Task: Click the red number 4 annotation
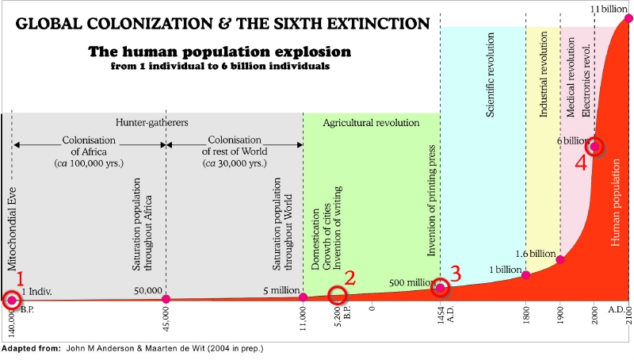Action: click(581, 163)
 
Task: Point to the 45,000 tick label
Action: click(166, 319)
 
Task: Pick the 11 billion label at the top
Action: click(607, 9)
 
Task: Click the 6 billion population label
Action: click(570, 140)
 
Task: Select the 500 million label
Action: click(411, 282)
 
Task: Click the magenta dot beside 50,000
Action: click(166, 299)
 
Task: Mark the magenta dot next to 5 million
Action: click(304, 297)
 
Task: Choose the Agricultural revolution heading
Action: click(371, 123)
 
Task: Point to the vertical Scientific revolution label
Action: click(491, 75)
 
